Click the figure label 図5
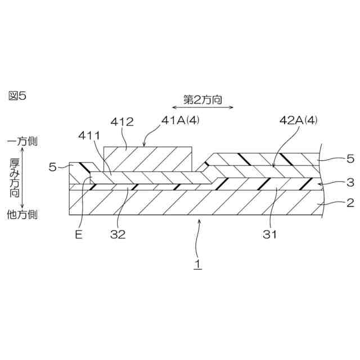pyautogui.click(x=17, y=96)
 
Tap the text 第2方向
pyautogui.click(x=202, y=100)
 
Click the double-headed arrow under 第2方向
pyautogui.click(x=202, y=107)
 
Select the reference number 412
pyautogui.click(x=122, y=122)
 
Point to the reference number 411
pyautogui.click(x=89, y=136)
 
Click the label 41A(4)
pyautogui.click(x=180, y=120)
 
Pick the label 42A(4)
pyautogui.click(x=299, y=120)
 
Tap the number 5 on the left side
pyautogui.click(x=52, y=167)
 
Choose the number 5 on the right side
pyautogui.click(x=350, y=159)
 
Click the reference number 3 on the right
pyautogui.click(x=350, y=182)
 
